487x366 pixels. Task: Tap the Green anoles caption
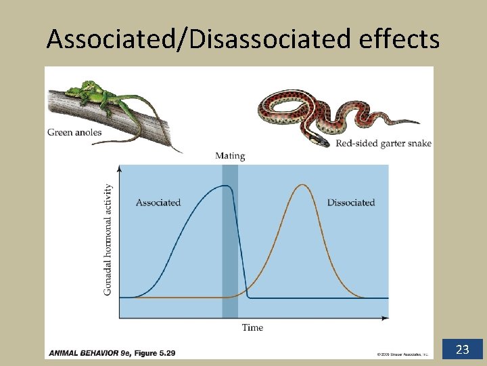tap(74, 132)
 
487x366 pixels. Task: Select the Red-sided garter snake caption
tap(384, 143)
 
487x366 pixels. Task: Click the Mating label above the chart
tap(230, 156)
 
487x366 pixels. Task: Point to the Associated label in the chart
tap(158, 202)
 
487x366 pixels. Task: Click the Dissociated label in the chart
tap(350, 202)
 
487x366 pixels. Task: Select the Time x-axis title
tap(252, 327)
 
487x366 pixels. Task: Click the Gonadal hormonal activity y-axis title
tap(108, 240)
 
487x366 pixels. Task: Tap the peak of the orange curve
tap(302, 185)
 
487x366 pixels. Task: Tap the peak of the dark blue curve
tap(227, 186)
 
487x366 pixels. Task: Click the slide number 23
tap(463, 350)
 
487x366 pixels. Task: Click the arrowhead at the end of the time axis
tap(386, 317)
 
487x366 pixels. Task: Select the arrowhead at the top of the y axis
tap(120, 167)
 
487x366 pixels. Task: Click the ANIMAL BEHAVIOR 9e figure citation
tap(112, 353)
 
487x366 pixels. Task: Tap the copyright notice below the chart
tap(402, 354)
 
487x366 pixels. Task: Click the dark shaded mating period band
tap(230, 258)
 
